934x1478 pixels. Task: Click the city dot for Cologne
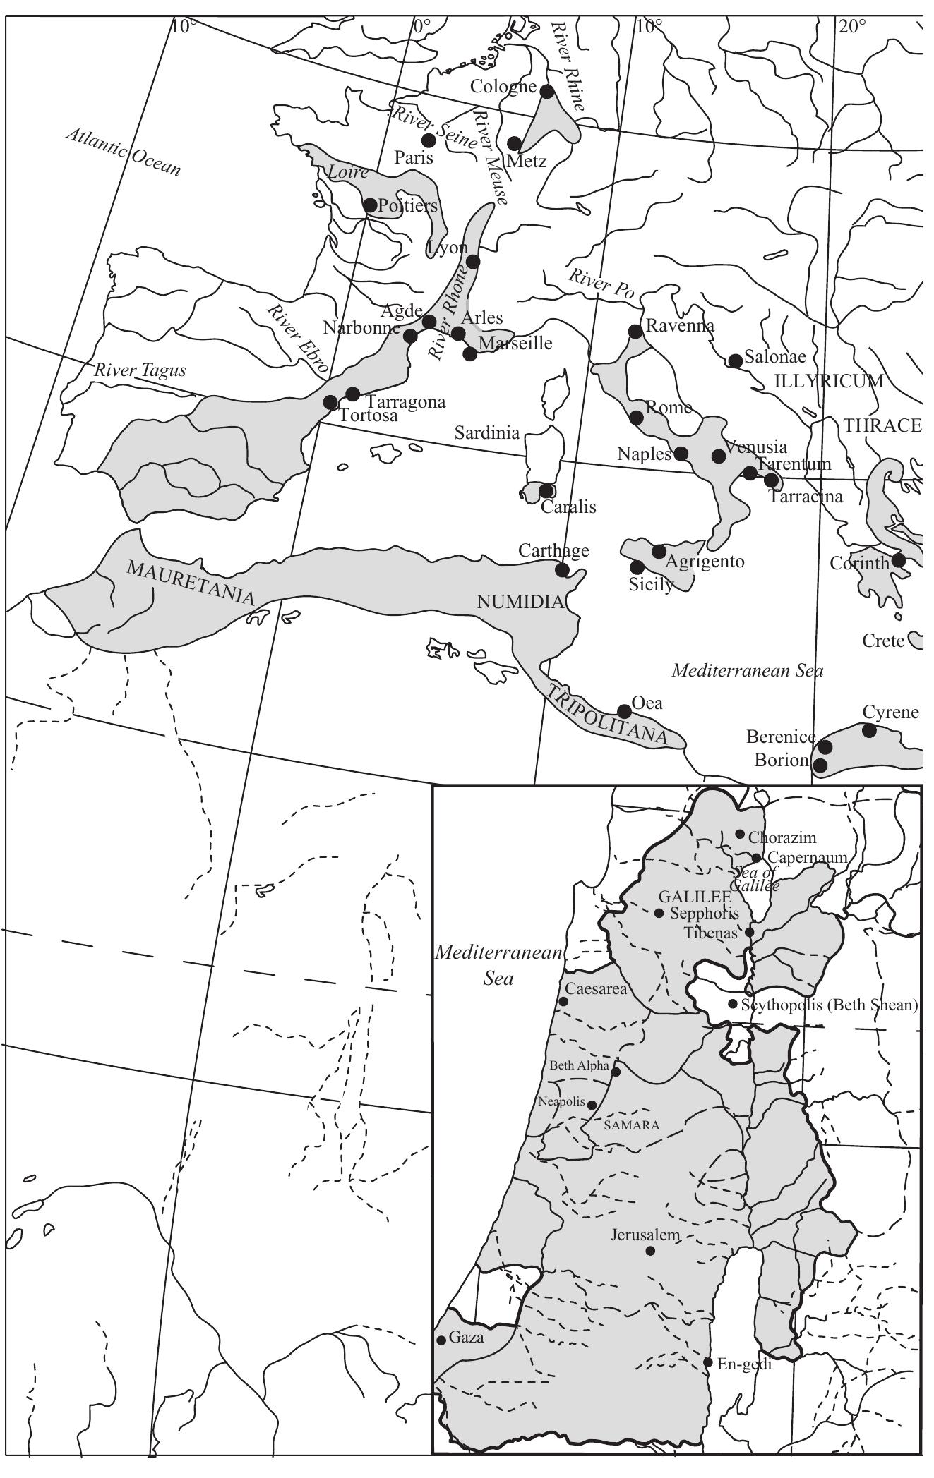point(546,90)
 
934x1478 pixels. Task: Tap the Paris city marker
point(429,139)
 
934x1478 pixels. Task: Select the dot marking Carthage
point(563,569)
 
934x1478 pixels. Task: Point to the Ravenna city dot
point(635,331)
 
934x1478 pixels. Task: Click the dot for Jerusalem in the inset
point(650,1251)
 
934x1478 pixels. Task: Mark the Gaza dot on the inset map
point(441,1340)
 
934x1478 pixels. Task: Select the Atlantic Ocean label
point(124,151)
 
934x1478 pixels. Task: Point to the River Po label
point(600,286)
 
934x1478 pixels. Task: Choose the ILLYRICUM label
point(829,382)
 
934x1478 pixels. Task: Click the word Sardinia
point(487,432)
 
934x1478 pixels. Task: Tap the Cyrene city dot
point(869,731)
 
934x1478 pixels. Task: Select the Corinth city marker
point(898,560)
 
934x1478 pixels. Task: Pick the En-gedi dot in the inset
point(707,1362)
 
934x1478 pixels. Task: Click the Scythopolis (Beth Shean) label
point(830,1005)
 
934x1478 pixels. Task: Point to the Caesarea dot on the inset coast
point(563,1001)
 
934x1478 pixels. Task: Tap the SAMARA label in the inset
point(632,1125)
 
